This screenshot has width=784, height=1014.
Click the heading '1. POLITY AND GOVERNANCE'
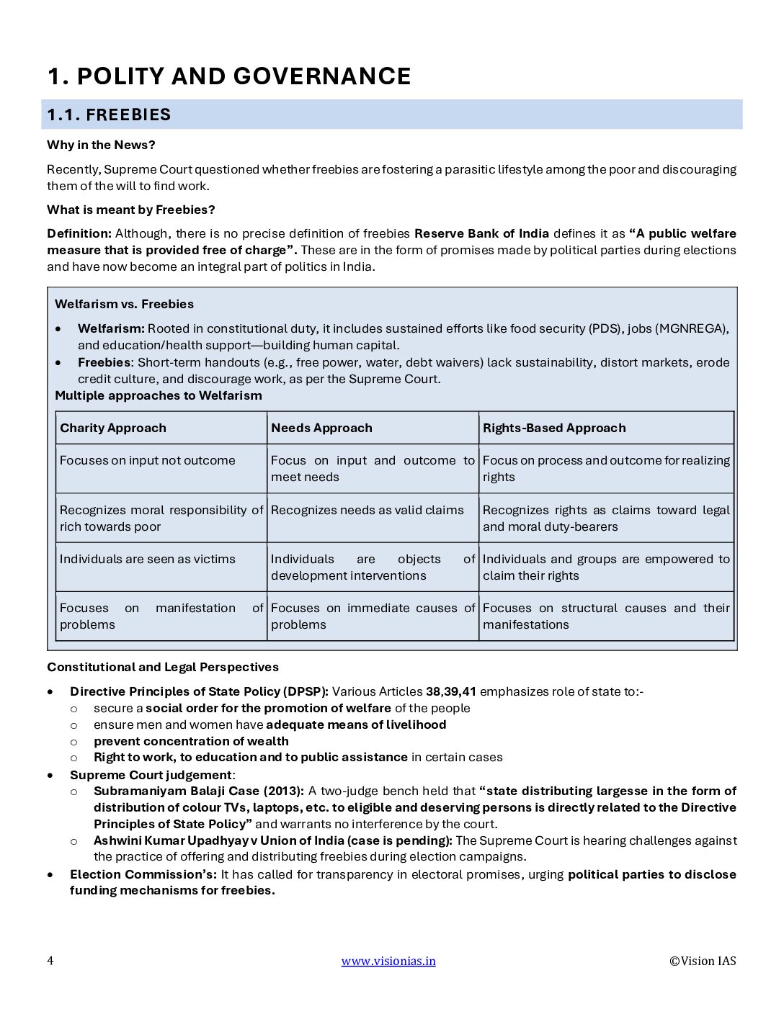[229, 76]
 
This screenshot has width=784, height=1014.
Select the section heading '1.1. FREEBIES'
[109, 115]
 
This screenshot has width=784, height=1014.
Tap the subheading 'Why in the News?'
[101, 145]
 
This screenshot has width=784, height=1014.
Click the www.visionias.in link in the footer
[388, 961]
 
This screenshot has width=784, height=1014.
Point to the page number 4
[50, 961]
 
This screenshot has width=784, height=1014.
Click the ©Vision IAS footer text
[703, 961]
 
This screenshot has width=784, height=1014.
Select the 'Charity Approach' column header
[113, 428]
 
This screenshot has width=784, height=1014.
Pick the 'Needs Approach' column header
[321, 428]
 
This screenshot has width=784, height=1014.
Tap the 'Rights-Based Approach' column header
[554, 428]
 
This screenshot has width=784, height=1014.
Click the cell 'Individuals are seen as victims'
[148, 559]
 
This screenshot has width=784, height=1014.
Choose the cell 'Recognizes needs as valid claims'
[367, 510]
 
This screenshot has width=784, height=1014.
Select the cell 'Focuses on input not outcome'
[148, 460]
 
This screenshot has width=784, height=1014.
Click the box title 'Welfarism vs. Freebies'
[124, 304]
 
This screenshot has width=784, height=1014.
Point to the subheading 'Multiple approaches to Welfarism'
[159, 395]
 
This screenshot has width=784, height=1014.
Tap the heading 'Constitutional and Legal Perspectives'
[163, 667]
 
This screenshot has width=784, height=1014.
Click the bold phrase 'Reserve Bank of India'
[481, 233]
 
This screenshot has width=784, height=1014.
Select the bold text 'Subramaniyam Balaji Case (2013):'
[199, 791]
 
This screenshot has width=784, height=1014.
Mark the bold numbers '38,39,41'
[451, 691]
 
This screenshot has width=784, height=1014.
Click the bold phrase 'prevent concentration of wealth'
[191, 741]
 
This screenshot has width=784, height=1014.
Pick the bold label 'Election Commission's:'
[143, 874]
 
